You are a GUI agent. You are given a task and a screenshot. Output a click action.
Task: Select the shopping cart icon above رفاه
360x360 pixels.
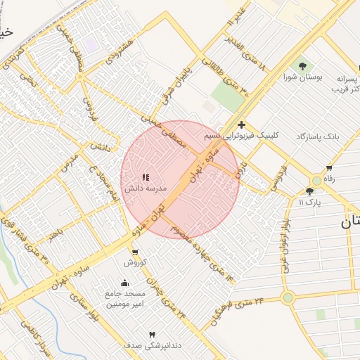pyautogui.click(x=329, y=167)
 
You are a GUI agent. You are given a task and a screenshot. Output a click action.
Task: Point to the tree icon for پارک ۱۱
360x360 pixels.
pyautogui.click(x=309, y=191)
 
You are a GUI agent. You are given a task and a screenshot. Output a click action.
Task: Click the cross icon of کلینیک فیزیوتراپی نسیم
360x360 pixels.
pyautogui.click(x=242, y=124)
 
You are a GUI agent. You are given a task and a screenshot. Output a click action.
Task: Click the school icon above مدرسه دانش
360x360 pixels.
pyautogui.click(x=146, y=178)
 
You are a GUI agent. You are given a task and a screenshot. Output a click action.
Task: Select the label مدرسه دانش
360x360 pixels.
pyautogui.click(x=146, y=189)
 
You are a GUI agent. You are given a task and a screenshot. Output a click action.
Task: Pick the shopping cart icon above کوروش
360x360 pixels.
pyautogui.click(x=134, y=252)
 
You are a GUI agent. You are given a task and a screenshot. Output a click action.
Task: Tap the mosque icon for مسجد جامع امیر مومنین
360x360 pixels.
pyautogui.click(x=125, y=283)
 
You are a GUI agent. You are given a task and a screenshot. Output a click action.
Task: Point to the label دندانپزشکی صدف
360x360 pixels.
pyautogui.click(x=148, y=345)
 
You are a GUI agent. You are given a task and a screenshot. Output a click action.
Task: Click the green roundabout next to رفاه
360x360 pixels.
pyautogui.click(x=317, y=180)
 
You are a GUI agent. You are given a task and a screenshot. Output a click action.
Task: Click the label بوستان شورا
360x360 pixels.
pyautogui.click(x=302, y=77)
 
